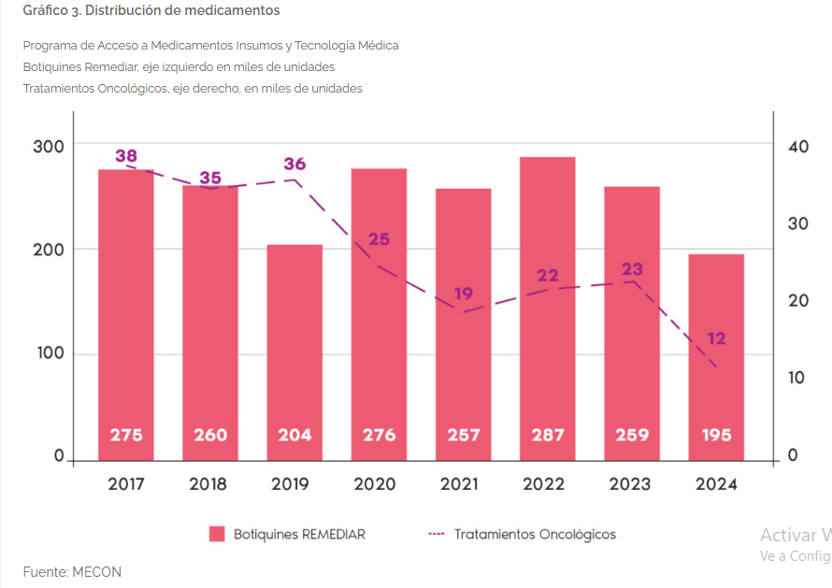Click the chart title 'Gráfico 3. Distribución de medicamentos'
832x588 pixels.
[x=151, y=10]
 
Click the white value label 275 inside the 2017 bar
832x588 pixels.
[x=126, y=435]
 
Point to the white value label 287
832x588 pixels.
[x=547, y=435]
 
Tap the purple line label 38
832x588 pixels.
[x=126, y=156]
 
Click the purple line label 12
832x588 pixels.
[x=716, y=338]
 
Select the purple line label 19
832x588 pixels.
[x=464, y=294]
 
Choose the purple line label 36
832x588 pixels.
[x=294, y=165]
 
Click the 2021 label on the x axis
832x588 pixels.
[x=464, y=484]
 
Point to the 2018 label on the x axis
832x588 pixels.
[x=208, y=484]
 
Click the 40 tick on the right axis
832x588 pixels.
[x=798, y=147]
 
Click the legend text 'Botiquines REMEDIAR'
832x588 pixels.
[x=299, y=535]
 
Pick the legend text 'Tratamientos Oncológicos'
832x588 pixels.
[x=535, y=535]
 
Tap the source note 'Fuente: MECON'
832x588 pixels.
[x=72, y=572]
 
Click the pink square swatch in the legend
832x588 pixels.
[x=217, y=534]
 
